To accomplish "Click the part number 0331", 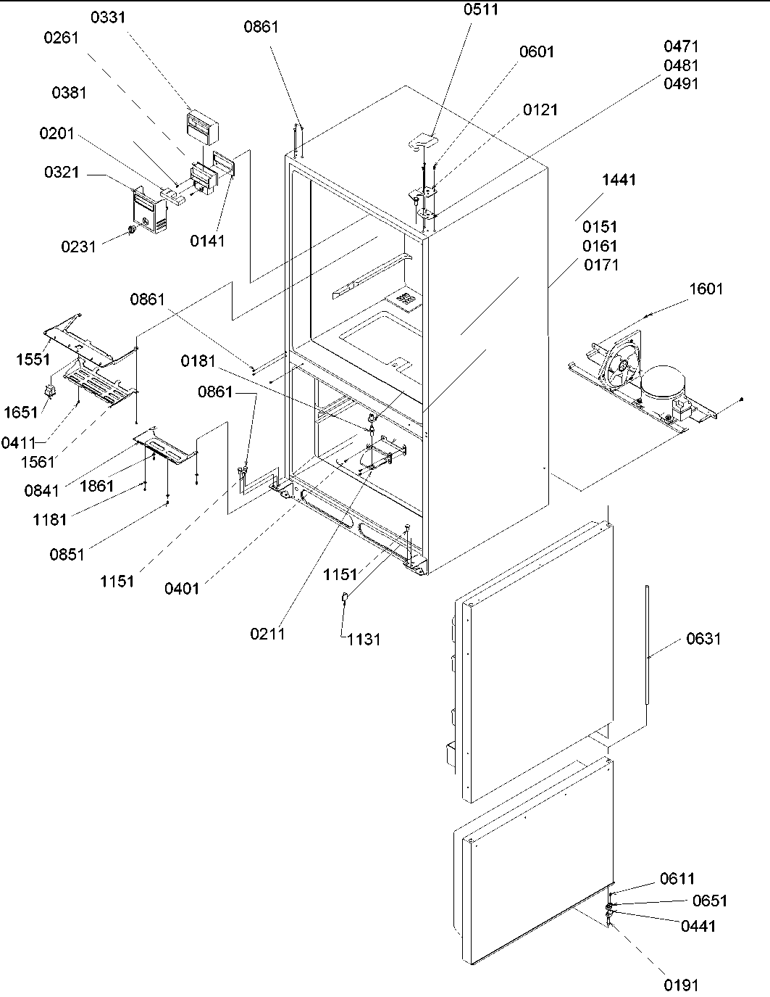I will click(x=107, y=17).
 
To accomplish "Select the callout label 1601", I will click(x=706, y=289).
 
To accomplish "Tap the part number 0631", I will click(x=703, y=639).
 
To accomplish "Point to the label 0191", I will click(x=682, y=985).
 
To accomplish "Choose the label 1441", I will click(x=618, y=180).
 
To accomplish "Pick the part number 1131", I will click(x=364, y=640).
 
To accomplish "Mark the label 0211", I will click(x=267, y=634).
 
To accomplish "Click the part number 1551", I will click(x=33, y=359).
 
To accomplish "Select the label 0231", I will click(x=78, y=247).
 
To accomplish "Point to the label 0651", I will click(x=709, y=901).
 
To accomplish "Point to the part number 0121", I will click(x=540, y=109).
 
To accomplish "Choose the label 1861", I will click(x=96, y=486).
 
